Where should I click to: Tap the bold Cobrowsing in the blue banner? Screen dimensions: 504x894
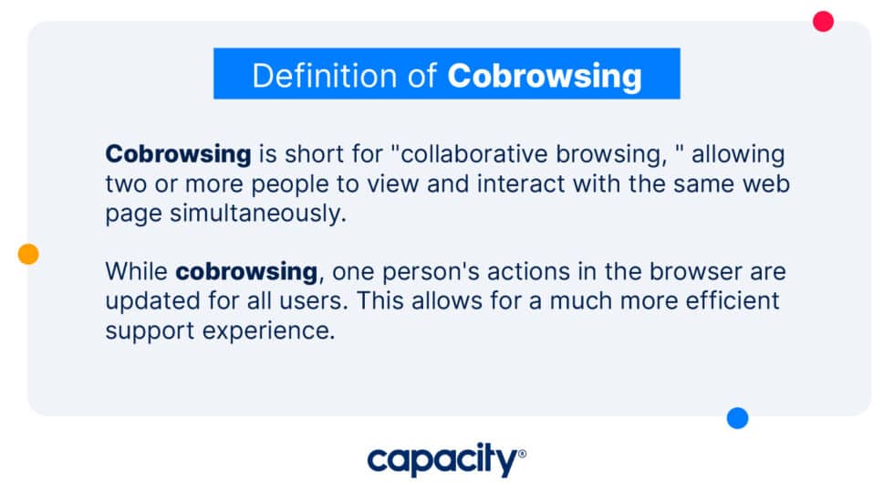click(x=545, y=76)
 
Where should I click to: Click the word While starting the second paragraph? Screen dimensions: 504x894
click(x=137, y=271)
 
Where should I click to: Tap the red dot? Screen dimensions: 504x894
click(x=823, y=21)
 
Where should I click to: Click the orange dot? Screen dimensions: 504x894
click(x=28, y=254)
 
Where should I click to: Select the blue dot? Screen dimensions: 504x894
click(x=737, y=418)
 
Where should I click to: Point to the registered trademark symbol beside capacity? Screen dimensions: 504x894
click(x=522, y=452)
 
